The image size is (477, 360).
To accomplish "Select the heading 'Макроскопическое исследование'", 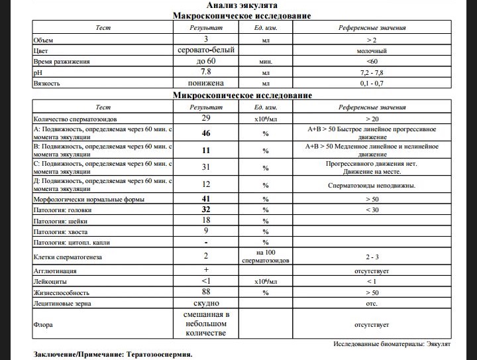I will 242,15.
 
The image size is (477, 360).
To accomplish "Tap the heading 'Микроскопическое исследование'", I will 242,95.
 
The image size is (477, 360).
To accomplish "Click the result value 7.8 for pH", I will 206,72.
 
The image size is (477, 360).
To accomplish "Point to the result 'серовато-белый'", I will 206,50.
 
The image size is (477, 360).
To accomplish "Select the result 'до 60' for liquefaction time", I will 206,61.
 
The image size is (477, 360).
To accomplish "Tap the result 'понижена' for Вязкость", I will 206,84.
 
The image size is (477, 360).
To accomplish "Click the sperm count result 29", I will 206,117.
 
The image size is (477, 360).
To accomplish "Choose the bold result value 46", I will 206,133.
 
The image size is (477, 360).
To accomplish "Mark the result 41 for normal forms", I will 206,198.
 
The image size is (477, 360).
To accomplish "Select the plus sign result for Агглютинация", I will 206,270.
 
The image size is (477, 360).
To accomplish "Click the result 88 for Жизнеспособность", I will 206,292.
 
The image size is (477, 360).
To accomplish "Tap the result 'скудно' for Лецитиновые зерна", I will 206,303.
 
